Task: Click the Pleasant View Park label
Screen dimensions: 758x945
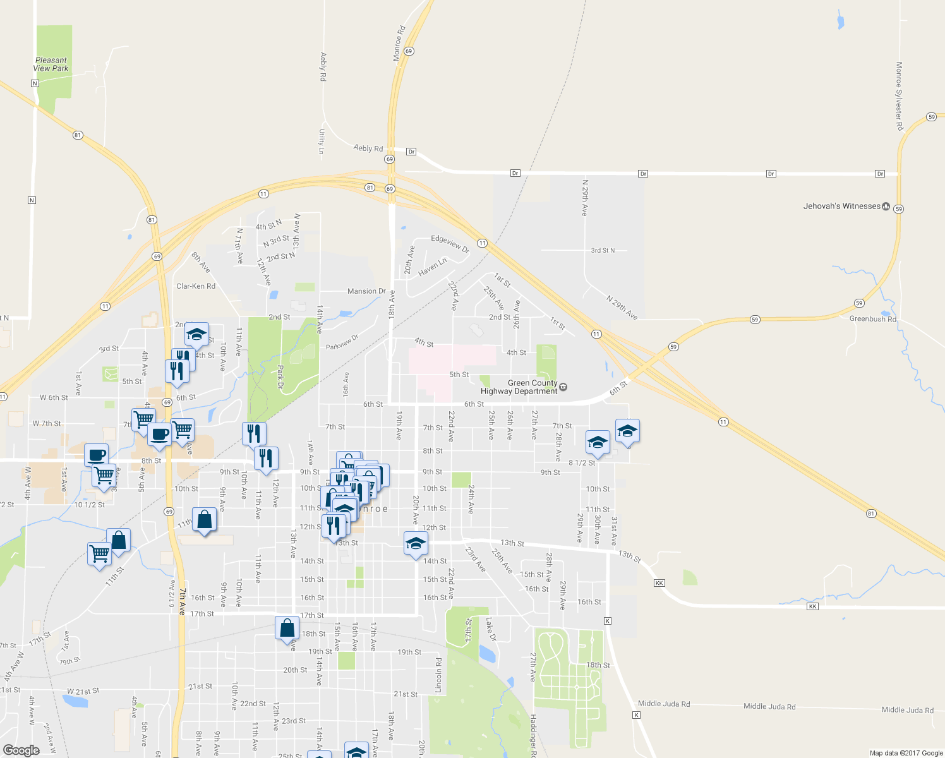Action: (51, 64)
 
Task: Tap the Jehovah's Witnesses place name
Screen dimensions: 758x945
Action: (841, 206)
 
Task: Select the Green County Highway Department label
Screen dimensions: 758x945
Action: (519, 387)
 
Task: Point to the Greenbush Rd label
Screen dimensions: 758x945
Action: (872, 319)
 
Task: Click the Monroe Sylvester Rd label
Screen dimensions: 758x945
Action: (899, 96)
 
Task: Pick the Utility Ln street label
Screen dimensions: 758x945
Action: (322, 141)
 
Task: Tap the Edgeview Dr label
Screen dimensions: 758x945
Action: (450, 243)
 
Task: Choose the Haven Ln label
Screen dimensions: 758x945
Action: (432, 266)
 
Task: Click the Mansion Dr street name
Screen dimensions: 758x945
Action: (366, 291)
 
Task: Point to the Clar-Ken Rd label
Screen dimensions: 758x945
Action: (196, 286)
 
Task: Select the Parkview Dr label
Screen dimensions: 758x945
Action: (342, 342)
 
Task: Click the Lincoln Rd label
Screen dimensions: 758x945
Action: (438, 675)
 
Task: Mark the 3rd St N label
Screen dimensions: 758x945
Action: (602, 250)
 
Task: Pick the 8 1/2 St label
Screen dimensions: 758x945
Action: (582, 463)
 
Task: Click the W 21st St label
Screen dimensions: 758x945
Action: (83, 691)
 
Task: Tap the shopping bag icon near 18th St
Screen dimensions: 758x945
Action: (287, 628)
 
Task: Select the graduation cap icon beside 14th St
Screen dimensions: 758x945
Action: (416, 543)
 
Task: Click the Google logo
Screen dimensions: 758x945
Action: (21, 750)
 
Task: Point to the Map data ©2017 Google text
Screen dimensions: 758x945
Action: (906, 753)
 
